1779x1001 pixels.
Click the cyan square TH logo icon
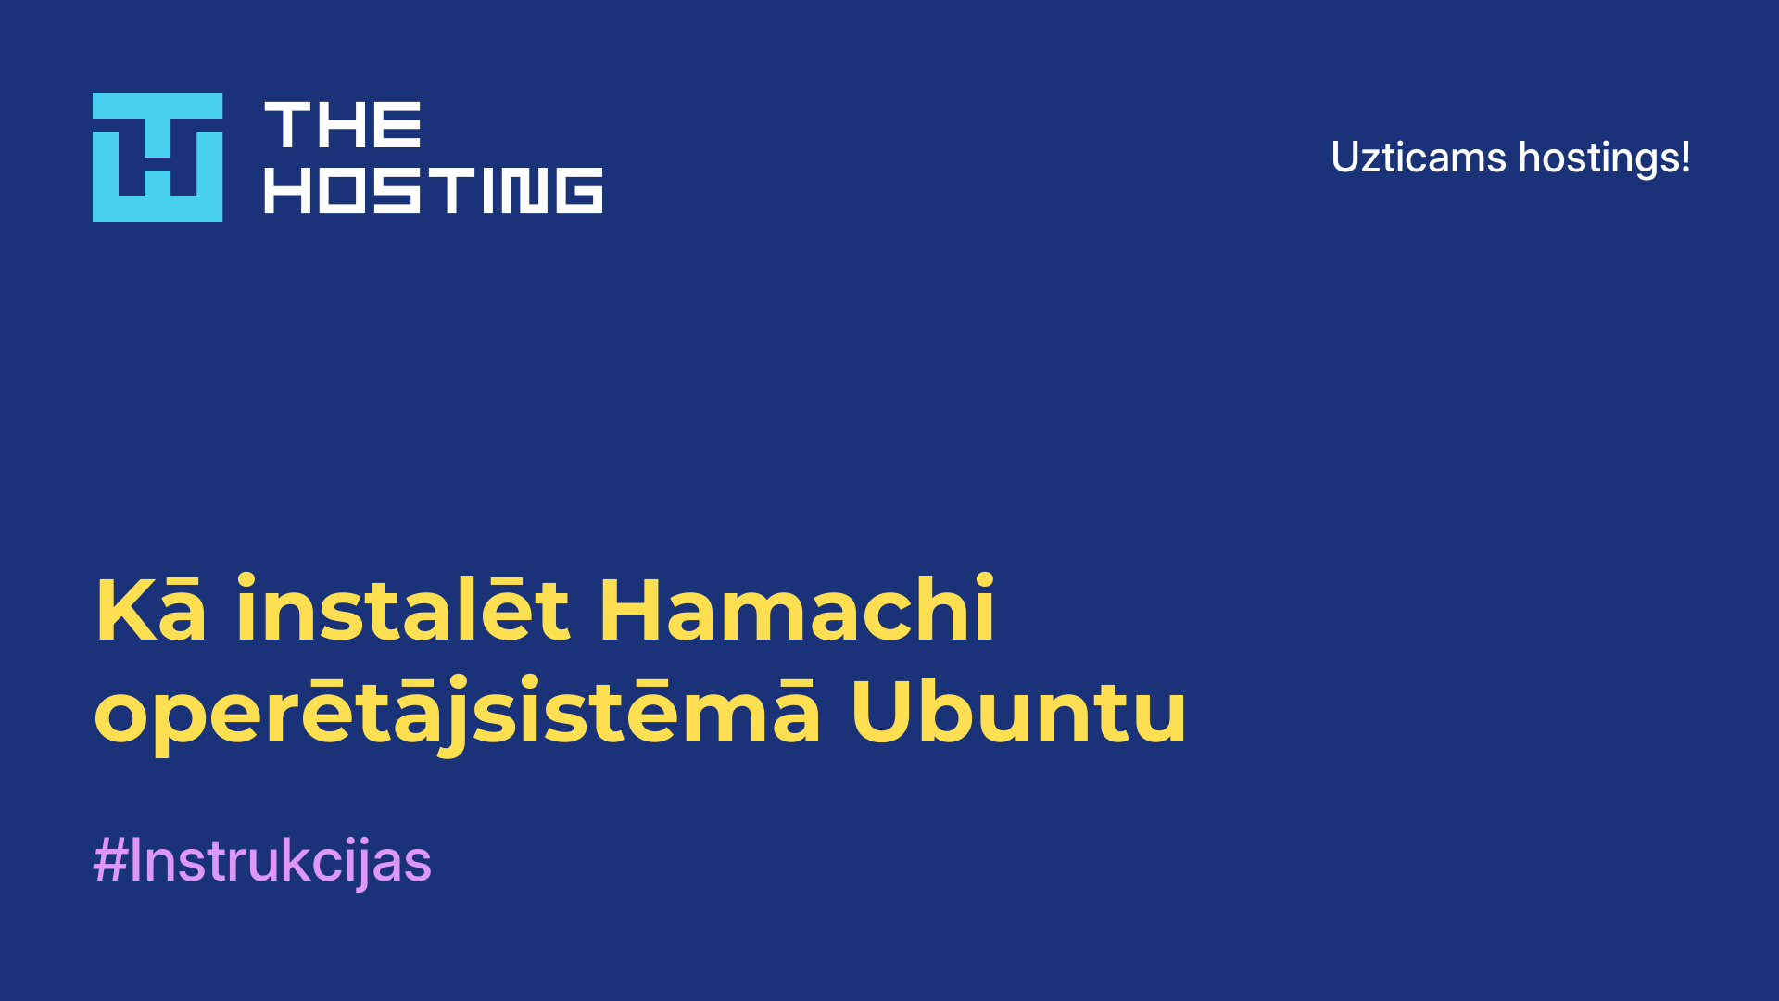pyautogui.click(x=158, y=158)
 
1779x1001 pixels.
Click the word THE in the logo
pyautogui.click(x=343, y=125)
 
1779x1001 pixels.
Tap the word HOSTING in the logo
pyautogui.click(x=434, y=190)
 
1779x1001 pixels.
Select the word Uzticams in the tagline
pyautogui.click(x=1419, y=158)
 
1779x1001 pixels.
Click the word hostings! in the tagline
pyautogui.click(x=1604, y=158)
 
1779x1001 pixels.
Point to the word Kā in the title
pyautogui.click(x=150, y=609)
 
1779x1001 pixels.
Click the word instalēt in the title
pyautogui.click(x=402, y=607)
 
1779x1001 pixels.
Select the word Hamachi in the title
pyautogui.click(x=797, y=607)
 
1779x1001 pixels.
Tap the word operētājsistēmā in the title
pyautogui.click(x=457, y=713)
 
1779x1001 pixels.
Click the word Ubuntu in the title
pyautogui.click(x=1018, y=711)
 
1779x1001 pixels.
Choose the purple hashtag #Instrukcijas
pyautogui.click(x=262, y=861)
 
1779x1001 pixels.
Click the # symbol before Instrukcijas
pyautogui.click(x=110, y=860)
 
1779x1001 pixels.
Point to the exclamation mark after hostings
pyautogui.click(x=1684, y=158)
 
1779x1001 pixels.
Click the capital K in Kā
pyautogui.click(x=125, y=609)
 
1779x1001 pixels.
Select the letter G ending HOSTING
pyautogui.click(x=580, y=190)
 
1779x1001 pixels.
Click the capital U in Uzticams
pyautogui.click(x=1345, y=158)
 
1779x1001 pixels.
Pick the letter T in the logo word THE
pyautogui.click(x=287, y=125)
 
